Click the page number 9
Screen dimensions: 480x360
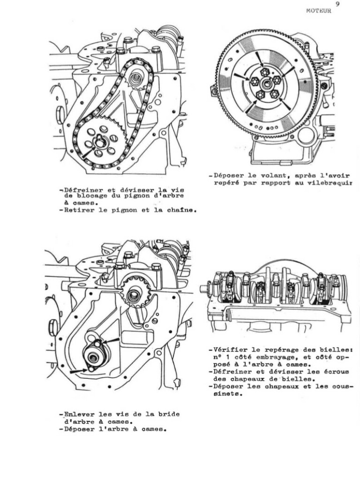(x=337, y=4)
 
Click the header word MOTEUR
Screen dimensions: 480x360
(x=318, y=11)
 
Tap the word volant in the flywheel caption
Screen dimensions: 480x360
(x=268, y=176)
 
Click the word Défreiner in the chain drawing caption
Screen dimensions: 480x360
(x=81, y=189)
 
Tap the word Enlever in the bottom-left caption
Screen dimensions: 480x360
(x=79, y=414)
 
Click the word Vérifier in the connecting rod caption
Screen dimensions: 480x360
(x=229, y=350)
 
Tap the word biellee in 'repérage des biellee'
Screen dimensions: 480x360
(x=336, y=350)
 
